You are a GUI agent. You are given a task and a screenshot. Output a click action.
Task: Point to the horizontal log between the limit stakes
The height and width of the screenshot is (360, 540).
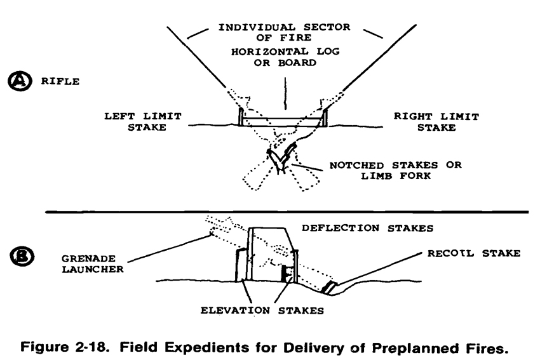(x=283, y=121)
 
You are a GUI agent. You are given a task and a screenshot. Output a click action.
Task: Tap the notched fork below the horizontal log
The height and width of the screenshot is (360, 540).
(x=280, y=157)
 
